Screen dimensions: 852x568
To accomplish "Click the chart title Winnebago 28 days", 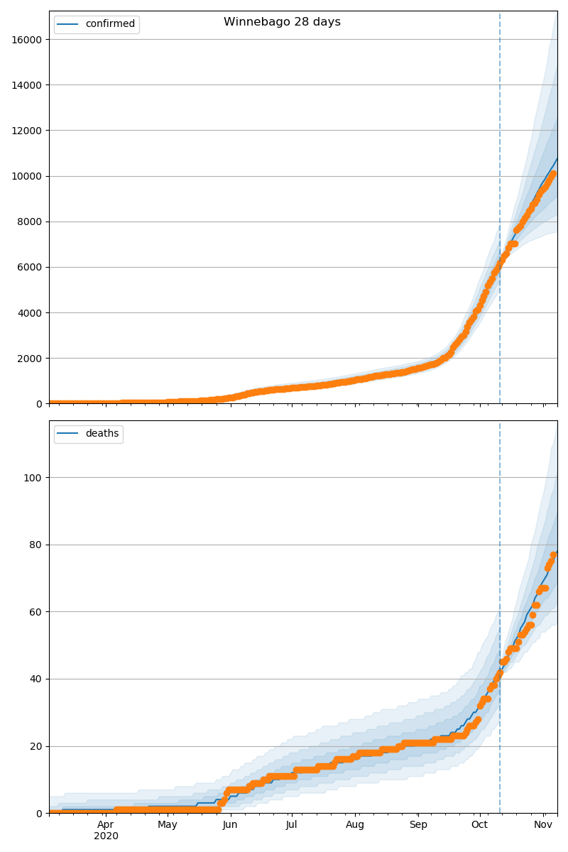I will pos(282,22).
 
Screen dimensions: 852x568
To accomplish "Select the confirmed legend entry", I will pos(110,24).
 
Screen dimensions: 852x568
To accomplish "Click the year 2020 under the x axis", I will pos(106,836).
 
